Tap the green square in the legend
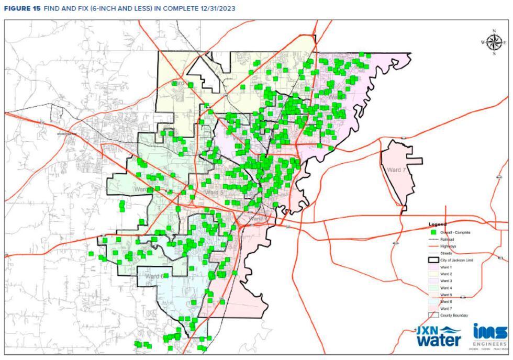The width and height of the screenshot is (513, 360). [433, 232]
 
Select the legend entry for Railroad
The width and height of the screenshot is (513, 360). [447, 239]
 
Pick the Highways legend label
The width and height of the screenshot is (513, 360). [448, 246]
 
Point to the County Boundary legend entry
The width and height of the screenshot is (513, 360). [453, 315]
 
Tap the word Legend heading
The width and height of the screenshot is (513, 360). [438, 224]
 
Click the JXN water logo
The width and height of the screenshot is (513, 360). [439, 336]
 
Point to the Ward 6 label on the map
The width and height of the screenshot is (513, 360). [154, 276]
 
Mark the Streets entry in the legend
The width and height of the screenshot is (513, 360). [446, 253]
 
